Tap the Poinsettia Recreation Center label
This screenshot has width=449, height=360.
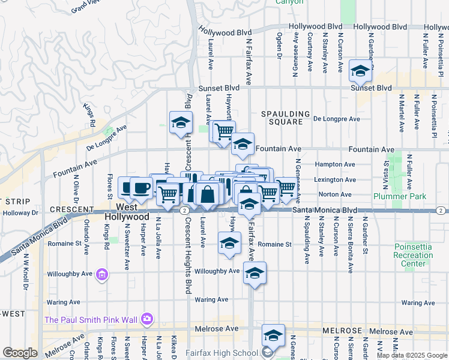[x=414, y=256]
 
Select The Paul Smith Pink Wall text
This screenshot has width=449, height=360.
[x=91, y=319]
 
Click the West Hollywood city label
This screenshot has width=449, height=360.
[x=126, y=211]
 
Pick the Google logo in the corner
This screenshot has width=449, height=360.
[x=20, y=353]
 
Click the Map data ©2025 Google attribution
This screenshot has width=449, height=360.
[x=411, y=355]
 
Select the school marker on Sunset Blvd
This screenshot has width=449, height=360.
[x=360, y=72]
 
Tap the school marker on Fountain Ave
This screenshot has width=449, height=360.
[x=243, y=143]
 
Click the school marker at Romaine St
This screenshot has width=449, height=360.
[x=228, y=243]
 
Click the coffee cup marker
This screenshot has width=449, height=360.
[x=140, y=188]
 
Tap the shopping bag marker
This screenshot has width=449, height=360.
[x=207, y=194]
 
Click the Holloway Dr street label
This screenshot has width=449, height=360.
[x=19, y=212]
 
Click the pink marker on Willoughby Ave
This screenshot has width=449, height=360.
[x=102, y=275]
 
